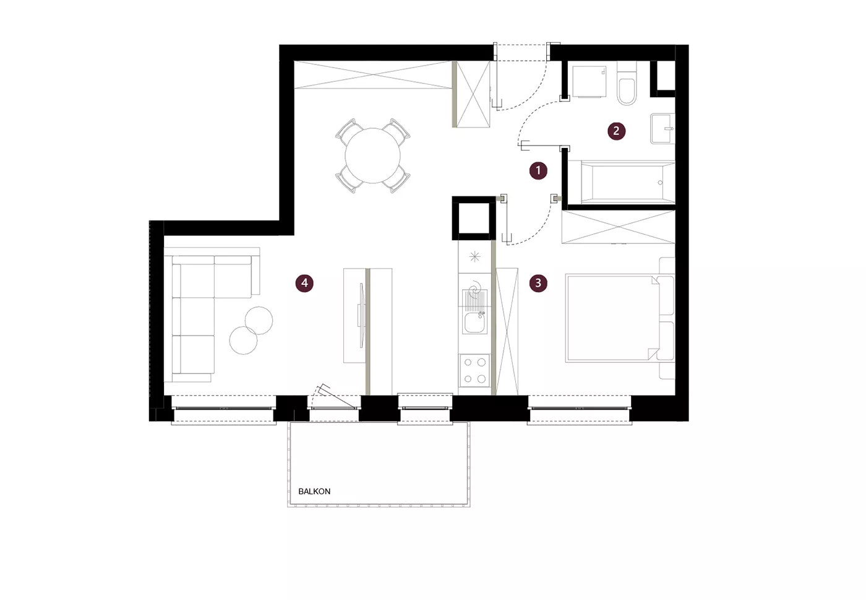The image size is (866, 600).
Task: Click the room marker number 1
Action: point(538,170)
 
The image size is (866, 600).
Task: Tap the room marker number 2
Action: point(616,131)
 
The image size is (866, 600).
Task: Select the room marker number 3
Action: point(538,283)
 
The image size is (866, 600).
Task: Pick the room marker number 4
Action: point(304,283)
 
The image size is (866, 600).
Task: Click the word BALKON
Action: point(314,491)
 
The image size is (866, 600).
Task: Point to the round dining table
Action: point(372,155)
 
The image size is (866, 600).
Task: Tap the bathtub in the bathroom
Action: point(627,182)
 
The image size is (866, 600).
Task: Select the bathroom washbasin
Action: point(662,128)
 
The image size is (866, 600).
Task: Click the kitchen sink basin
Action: point(475,323)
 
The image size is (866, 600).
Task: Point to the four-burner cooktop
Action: point(475,370)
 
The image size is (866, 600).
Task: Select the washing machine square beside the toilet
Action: point(589,81)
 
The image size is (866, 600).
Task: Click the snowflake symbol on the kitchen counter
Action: point(475,256)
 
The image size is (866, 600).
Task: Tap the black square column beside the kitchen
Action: point(474,219)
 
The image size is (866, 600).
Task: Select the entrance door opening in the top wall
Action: point(521,53)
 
